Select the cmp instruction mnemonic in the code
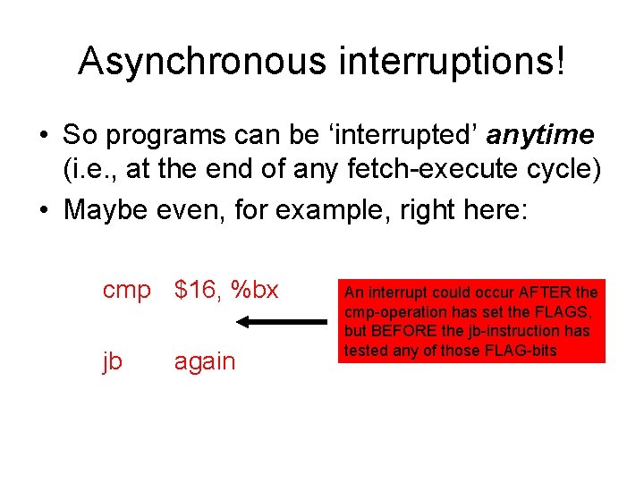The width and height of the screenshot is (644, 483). (x=127, y=291)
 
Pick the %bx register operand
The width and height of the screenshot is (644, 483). (x=255, y=290)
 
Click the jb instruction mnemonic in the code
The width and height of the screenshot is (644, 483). (x=113, y=361)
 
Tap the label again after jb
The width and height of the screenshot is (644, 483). (x=205, y=361)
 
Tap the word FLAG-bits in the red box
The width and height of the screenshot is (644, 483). (x=523, y=350)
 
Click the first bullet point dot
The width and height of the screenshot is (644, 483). (x=43, y=136)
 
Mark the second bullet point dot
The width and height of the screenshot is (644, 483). (x=43, y=212)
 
